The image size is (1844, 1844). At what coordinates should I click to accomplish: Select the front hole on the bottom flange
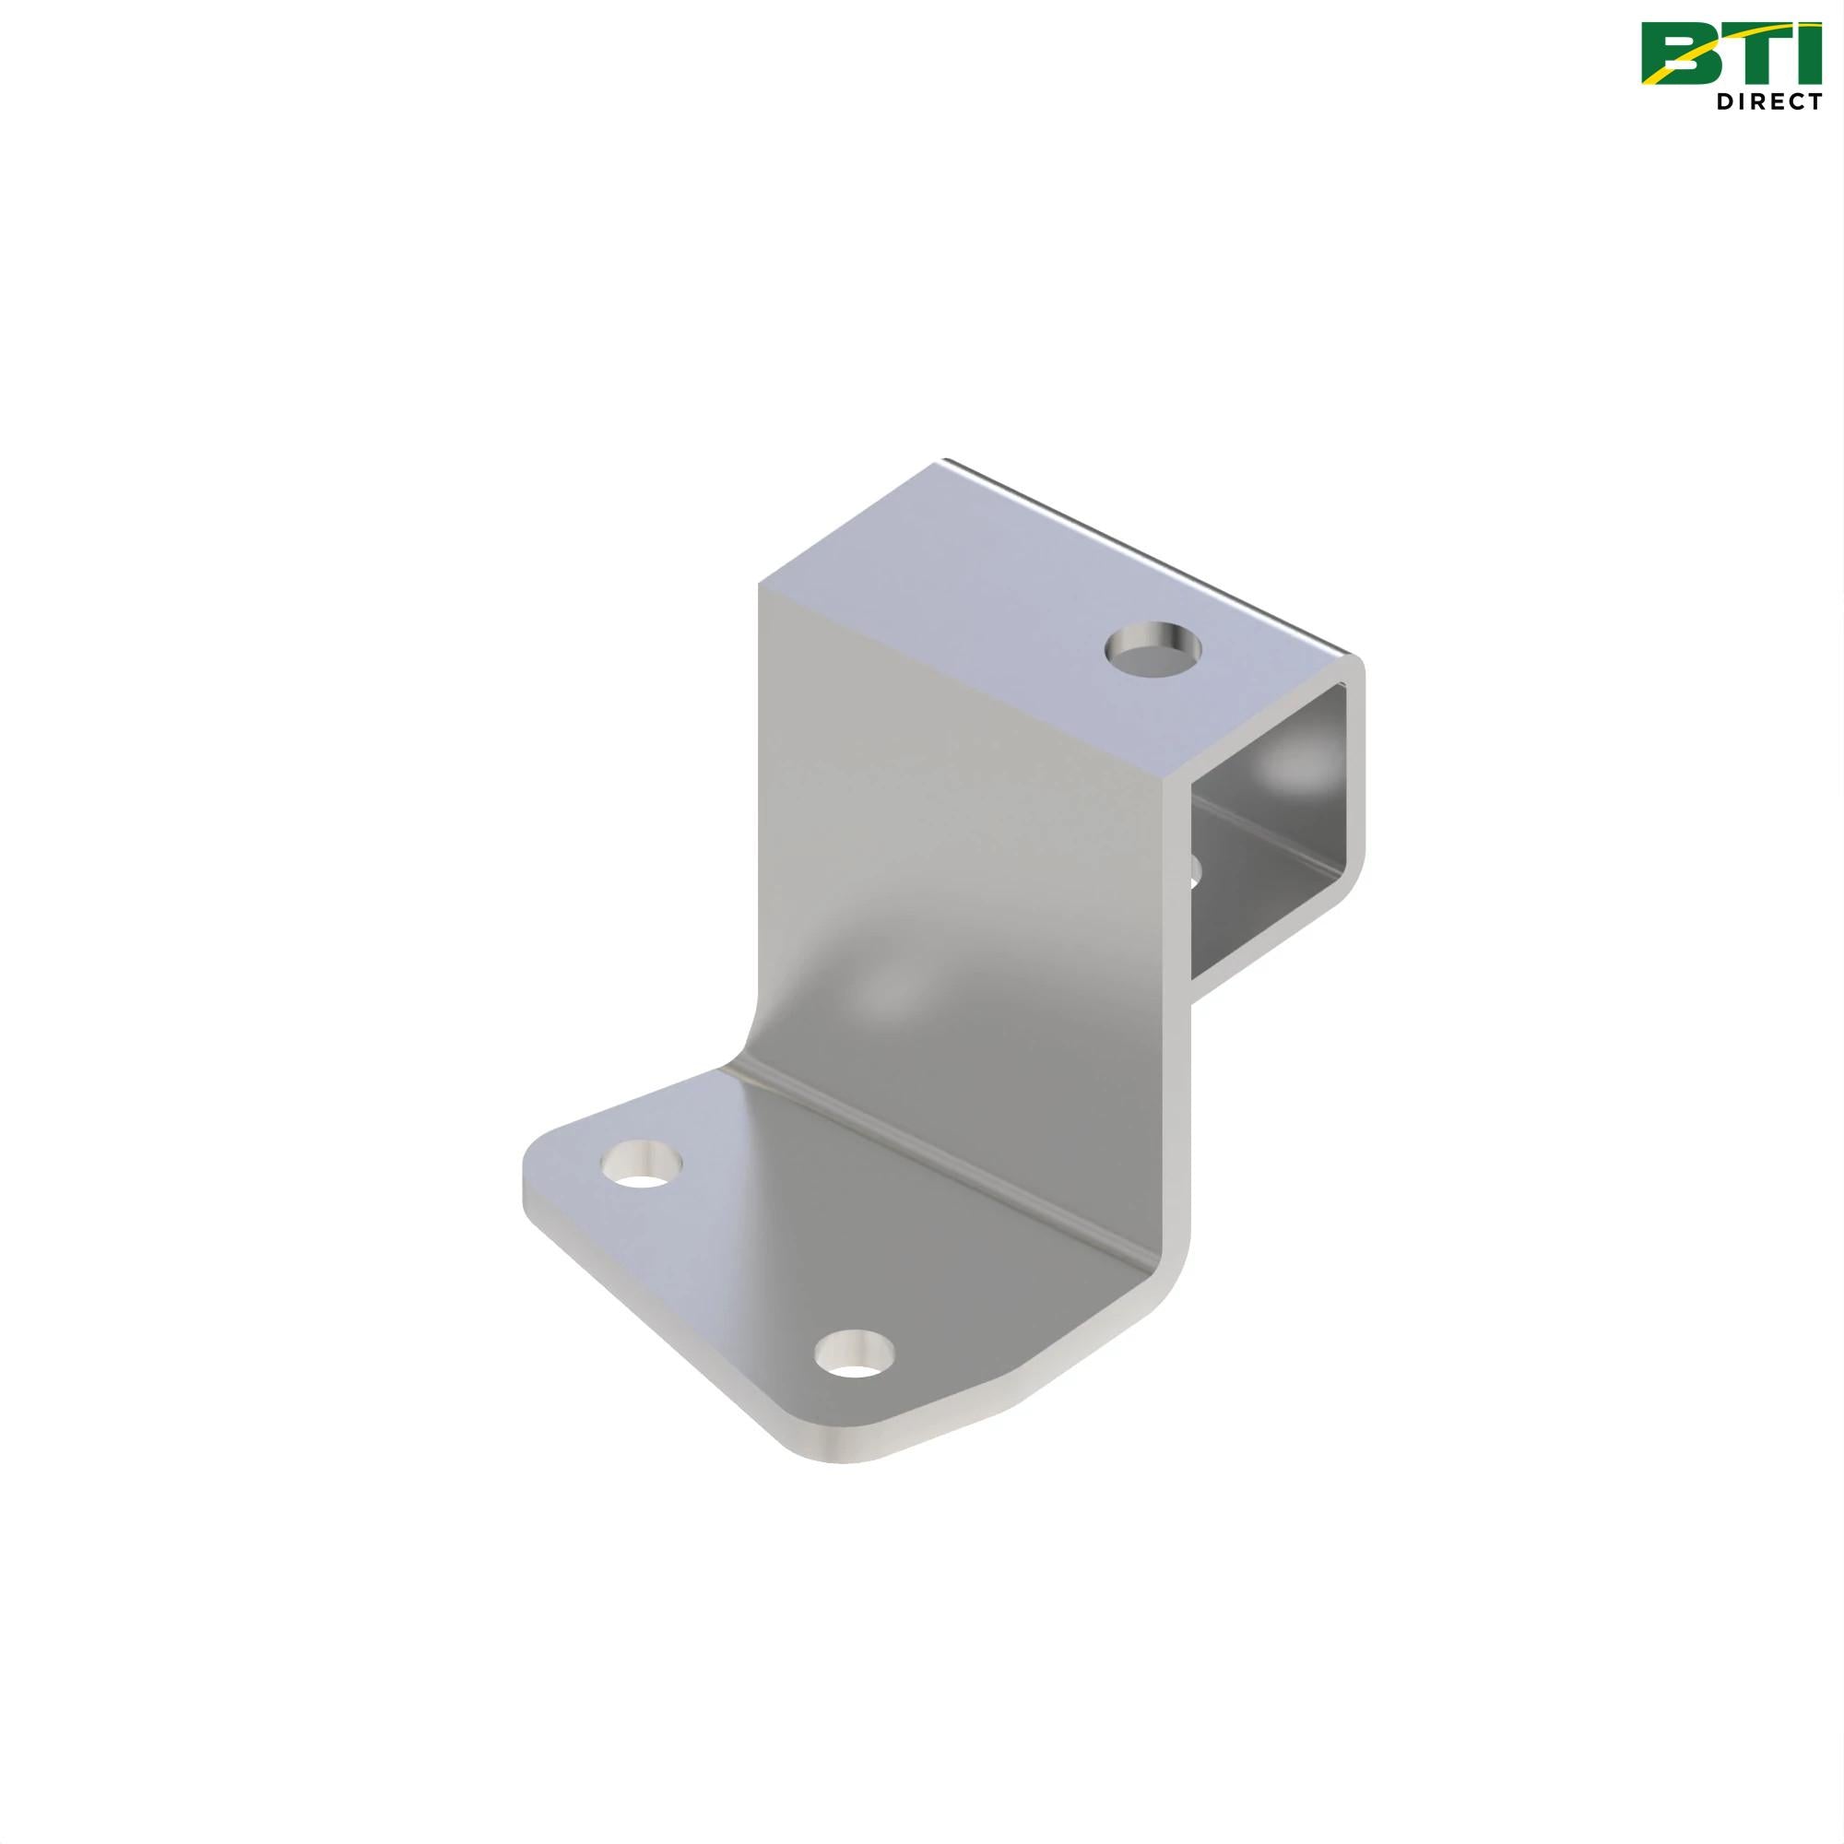(856, 1380)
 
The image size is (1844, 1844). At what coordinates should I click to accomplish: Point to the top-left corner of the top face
(761, 585)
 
